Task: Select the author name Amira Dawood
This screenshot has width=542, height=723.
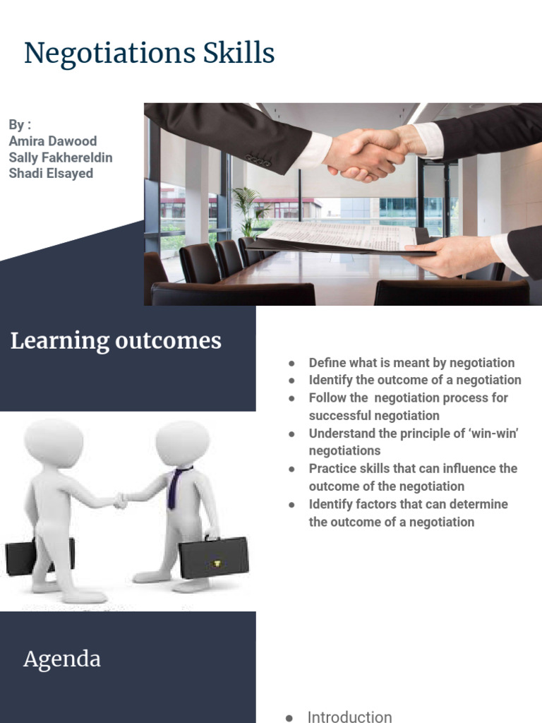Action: coord(52,141)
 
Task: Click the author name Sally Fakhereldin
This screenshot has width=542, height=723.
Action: coord(61,157)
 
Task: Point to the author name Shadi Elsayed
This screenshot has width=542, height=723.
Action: coord(51,173)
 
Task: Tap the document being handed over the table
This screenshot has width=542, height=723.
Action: coord(339,237)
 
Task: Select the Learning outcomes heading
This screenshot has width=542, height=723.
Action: coord(116,341)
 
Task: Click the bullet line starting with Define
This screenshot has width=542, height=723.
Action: coord(411,363)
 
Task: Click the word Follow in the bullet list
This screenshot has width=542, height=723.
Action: coord(327,398)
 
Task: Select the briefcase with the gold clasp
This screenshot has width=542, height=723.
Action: coord(214,557)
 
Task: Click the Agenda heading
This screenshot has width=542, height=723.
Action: coord(62,659)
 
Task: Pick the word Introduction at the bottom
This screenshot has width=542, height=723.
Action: coord(349,716)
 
